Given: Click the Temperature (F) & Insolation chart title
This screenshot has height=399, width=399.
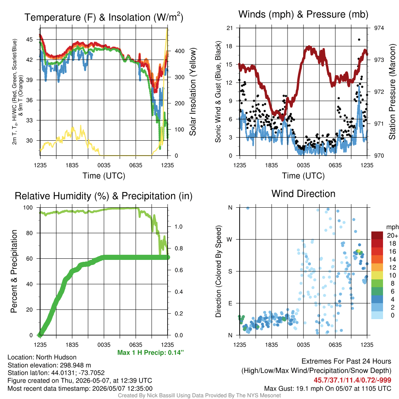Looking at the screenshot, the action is [104, 17].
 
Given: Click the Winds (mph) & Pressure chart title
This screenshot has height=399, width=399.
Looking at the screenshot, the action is [303, 14].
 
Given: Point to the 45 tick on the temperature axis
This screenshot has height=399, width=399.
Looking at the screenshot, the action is [30, 39].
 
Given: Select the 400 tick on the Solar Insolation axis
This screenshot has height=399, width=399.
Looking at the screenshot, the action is [180, 51].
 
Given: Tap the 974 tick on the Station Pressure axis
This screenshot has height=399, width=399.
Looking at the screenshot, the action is [379, 28].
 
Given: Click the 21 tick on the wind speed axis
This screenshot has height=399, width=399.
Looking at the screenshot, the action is [230, 28].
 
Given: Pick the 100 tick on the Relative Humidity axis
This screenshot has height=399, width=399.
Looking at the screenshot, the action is [28, 207].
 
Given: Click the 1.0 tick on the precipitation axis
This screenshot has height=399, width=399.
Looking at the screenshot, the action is [178, 226].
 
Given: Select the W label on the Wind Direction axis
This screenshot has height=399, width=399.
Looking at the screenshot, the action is [230, 240].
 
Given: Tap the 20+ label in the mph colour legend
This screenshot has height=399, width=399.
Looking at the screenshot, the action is [392, 235].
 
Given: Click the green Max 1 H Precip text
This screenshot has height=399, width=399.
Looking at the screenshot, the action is [150, 352].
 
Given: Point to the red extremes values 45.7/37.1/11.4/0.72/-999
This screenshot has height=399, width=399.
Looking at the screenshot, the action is [352, 380].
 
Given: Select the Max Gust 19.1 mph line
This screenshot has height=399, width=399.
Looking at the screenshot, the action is [328, 388].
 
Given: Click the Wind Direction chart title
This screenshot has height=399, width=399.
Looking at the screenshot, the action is [303, 194].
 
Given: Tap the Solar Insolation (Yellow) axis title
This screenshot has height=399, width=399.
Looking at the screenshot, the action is [192, 92].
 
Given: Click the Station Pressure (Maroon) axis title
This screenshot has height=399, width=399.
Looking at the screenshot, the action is [392, 92].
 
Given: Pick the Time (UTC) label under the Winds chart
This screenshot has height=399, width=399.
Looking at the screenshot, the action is [303, 176].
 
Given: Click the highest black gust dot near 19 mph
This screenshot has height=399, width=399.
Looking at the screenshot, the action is [359, 39].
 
